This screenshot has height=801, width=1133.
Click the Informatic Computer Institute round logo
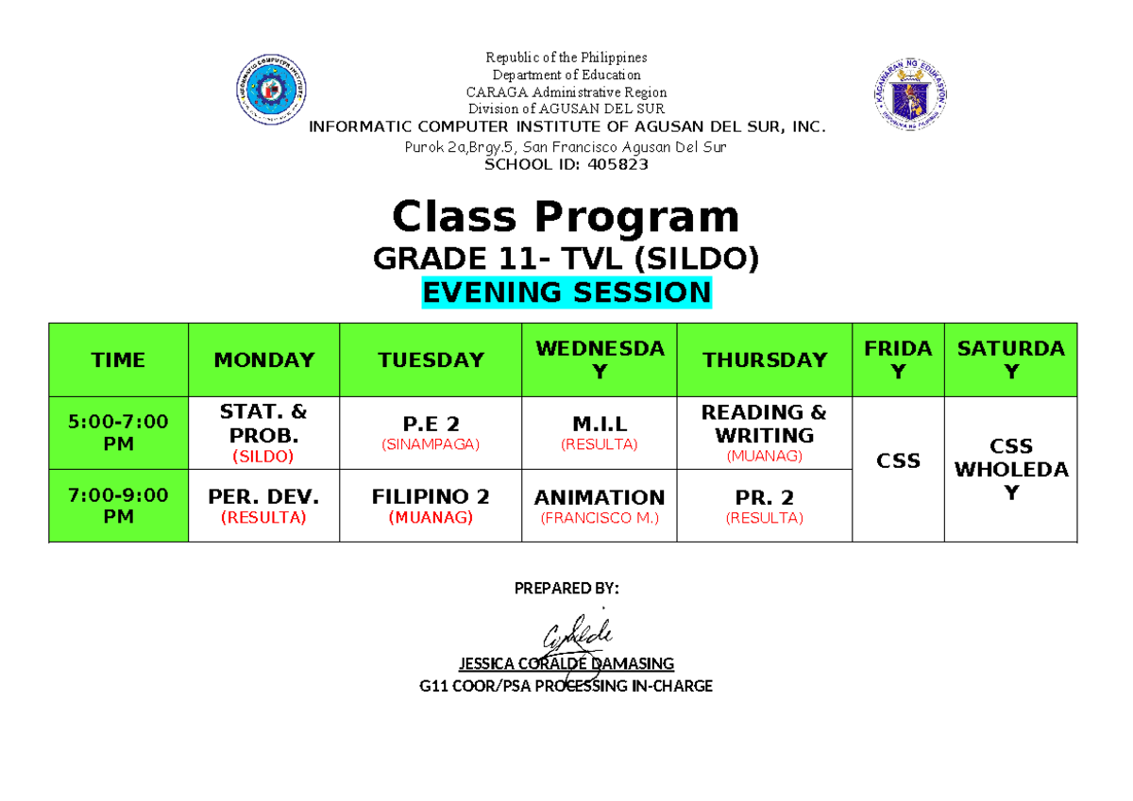(272, 91)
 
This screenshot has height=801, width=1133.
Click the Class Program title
(566, 217)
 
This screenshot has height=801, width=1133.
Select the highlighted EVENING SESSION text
(566, 292)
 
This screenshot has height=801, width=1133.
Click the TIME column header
(118, 359)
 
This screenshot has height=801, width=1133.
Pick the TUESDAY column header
(431, 359)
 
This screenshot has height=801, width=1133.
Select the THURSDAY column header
(764, 359)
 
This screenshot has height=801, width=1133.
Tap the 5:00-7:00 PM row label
(118, 433)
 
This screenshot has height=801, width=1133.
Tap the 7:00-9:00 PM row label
(118, 506)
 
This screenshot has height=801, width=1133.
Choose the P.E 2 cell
(431, 424)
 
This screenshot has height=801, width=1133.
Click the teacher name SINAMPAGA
(431, 444)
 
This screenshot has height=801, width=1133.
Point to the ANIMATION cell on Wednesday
(599, 497)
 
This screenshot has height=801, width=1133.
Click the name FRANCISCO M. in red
(599, 518)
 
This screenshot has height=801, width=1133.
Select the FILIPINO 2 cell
(431, 497)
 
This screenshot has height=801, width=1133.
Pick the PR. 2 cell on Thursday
(764, 497)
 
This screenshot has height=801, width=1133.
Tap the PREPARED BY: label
(566, 589)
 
